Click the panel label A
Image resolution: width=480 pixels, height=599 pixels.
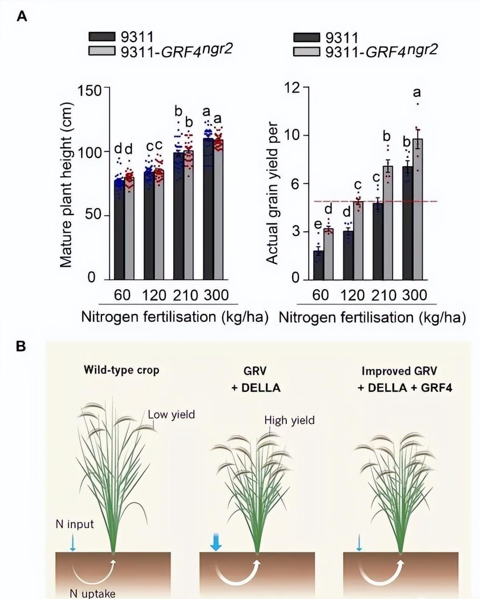(x=22, y=17)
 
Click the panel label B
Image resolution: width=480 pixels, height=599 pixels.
(x=21, y=347)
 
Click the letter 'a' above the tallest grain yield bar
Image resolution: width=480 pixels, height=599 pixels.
(x=417, y=93)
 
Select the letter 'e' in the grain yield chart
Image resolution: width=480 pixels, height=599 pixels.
(x=318, y=225)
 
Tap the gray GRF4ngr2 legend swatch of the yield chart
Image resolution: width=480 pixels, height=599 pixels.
(x=306, y=51)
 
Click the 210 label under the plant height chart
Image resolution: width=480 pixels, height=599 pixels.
(x=186, y=295)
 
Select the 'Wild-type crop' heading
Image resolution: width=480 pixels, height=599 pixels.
(x=121, y=370)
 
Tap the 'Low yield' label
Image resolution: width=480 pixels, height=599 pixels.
(x=171, y=414)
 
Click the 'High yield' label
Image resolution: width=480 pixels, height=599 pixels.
(x=289, y=420)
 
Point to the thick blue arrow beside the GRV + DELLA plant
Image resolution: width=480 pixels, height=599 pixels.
(x=216, y=543)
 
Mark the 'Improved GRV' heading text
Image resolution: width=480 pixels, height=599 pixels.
(x=399, y=371)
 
